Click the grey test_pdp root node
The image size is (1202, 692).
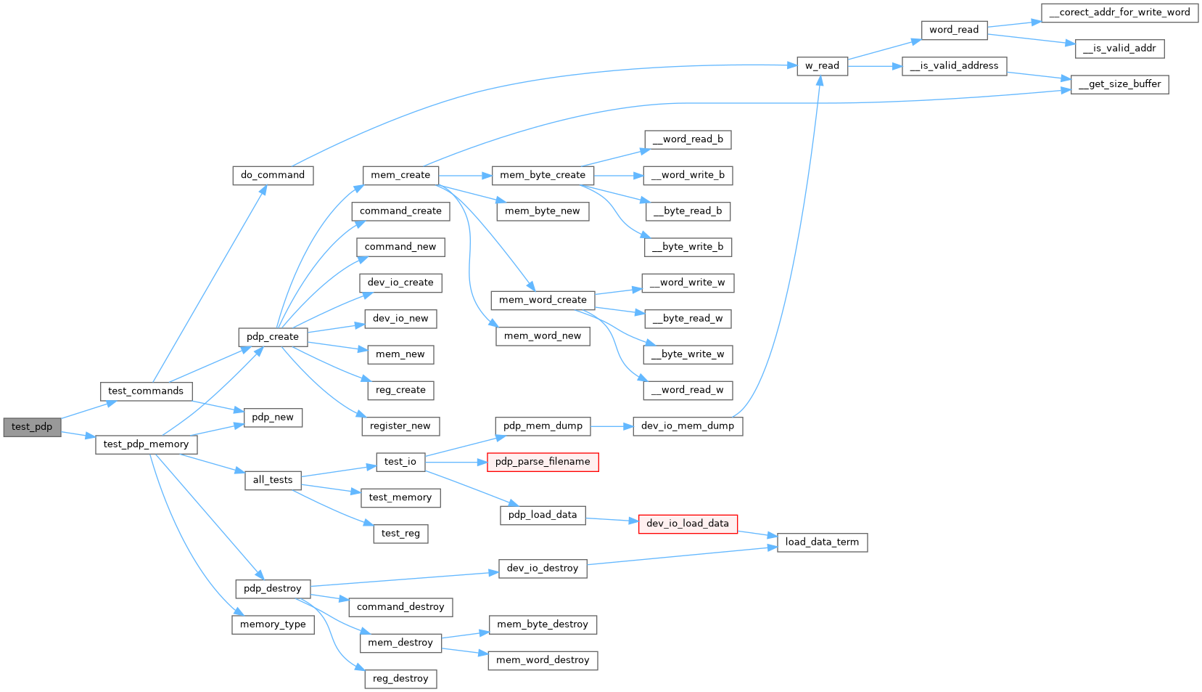click(x=32, y=427)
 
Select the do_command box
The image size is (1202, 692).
click(x=273, y=175)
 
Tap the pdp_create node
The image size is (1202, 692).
click(x=273, y=337)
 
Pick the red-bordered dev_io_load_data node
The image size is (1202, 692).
click(x=688, y=524)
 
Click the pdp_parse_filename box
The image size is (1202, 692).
click(x=543, y=462)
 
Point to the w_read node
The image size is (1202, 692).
click(x=822, y=66)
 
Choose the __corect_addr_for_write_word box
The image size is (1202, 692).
click(x=1119, y=12)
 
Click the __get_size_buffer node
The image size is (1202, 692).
click(x=1119, y=84)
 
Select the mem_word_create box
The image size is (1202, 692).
click(x=543, y=300)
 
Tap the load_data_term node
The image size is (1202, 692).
click(x=822, y=542)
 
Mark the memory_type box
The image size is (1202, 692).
click(x=273, y=624)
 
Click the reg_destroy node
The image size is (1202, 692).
click(x=400, y=679)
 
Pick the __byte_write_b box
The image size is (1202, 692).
click(x=688, y=247)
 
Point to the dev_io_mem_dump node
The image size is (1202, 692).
click(x=688, y=426)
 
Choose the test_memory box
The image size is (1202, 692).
click(x=400, y=497)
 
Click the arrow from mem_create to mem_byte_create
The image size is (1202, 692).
click(x=465, y=176)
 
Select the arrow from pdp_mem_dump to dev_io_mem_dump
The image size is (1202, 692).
click(x=612, y=426)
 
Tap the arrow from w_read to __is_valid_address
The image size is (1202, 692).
click(x=874, y=66)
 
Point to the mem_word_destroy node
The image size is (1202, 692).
click(x=543, y=660)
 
